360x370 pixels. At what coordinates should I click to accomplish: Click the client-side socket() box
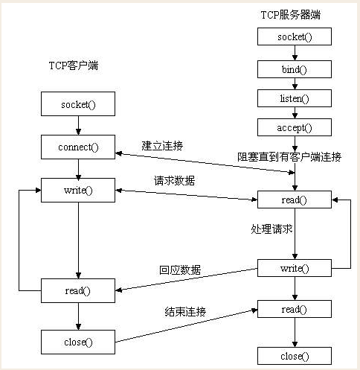[78, 104]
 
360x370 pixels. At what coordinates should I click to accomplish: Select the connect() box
[78, 147]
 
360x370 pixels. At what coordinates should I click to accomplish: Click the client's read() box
[78, 290]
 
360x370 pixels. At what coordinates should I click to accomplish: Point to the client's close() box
[78, 342]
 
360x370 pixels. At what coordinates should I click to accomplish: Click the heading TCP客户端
[74, 66]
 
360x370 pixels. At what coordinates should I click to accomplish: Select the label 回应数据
[180, 270]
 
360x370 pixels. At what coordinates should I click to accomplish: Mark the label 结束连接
[184, 310]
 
